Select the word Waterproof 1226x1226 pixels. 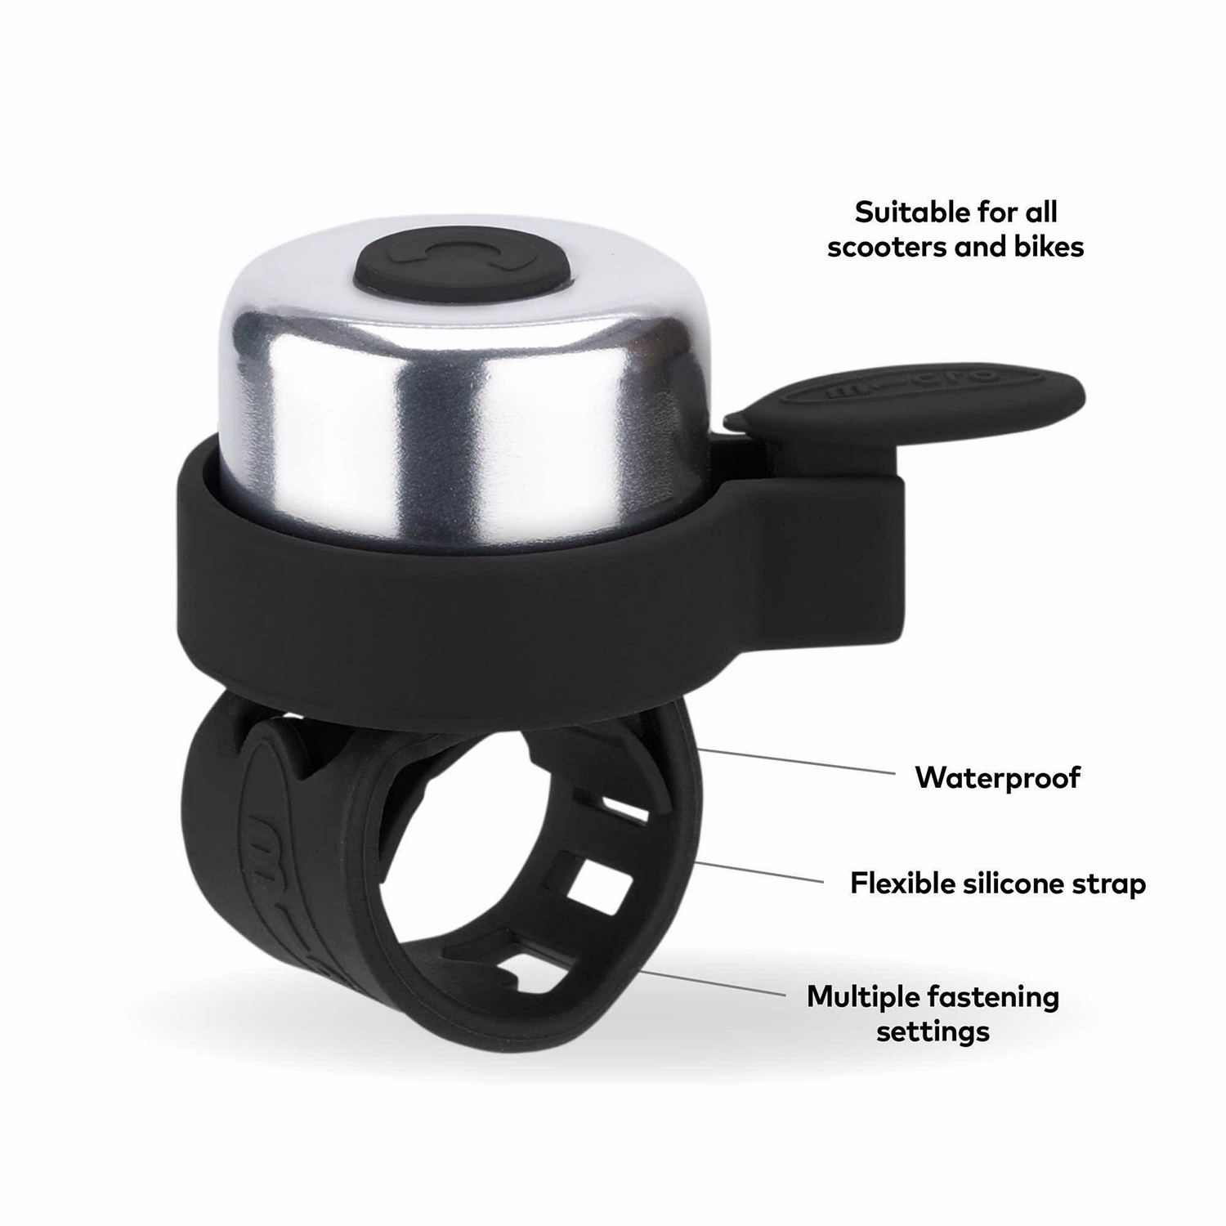click(997, 777)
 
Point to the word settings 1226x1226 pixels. click(933, 1031)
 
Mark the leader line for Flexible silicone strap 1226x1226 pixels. click(760, 871)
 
